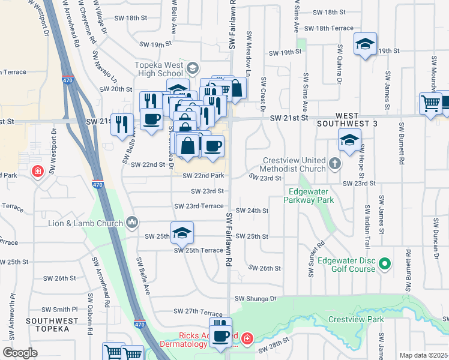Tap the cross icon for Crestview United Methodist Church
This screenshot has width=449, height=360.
pyautogui.click(x=335, y=162)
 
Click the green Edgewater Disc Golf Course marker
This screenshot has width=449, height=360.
pyautogui.click(x=385, y=263)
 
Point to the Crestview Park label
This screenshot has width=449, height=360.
pyautogui.click(x=356, y=319)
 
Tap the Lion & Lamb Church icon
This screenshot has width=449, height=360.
pyautogui.click(x=132, y=223)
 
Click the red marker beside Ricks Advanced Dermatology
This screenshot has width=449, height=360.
pyautogui.click(x=247, y=340)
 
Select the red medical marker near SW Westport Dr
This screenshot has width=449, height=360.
pyautogui.click(x=38, y=172)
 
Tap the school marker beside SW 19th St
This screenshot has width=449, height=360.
pyautogui.click(x=364, y=44)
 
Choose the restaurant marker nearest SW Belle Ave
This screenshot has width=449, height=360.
pyautogui.click(x=123, y=124)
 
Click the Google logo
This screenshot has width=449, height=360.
pyautogui.click(x=20, y=353)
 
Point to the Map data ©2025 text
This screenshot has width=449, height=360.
pyautogui.click(x=423, y=355)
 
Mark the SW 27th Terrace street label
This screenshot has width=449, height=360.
pyautogui.click(x=197, y=312)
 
